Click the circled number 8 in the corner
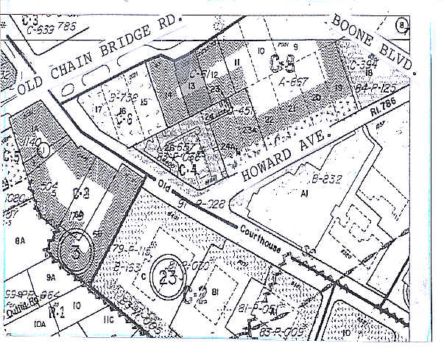tap(401, 24)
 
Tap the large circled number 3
tap(75, 246)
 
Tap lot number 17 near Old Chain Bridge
tap(99, 110)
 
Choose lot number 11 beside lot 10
tap(237, 65)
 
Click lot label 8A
tap(20, 239)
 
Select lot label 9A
tap(51, 278)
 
